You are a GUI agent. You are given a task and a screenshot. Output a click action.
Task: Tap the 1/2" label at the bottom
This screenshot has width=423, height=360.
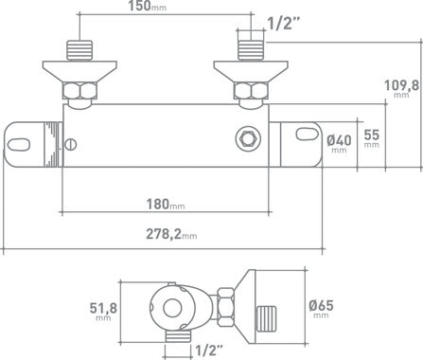210,349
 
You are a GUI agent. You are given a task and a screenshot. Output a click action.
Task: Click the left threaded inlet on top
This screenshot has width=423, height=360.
79,48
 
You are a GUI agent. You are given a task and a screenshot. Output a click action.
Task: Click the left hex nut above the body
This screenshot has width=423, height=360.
79,92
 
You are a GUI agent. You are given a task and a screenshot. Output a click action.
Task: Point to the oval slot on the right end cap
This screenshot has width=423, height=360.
307,141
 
